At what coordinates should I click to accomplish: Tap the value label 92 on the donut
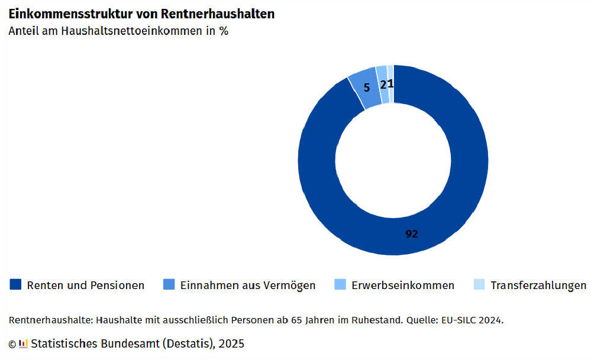pyautogui.click(x=412, y=234)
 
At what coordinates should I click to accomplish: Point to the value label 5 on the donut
pyautogui.click(x=367, y=87)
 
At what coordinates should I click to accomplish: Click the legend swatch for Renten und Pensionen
pyautogui.click(x=16, y=285)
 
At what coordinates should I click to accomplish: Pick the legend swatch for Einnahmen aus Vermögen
pyautogui.click(x=169, y=285)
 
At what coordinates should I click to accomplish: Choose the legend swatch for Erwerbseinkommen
pyautogui.click(x=340, y=285)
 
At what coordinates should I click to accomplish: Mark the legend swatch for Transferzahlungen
pyautogui.click(x=479, y=285)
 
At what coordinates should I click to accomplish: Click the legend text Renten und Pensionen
pyautogui.click(x=86, y=286)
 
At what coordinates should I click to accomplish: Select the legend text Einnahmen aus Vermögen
pyautogui.click(x=248, y=286)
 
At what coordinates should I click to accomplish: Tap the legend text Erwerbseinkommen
pyautogui.click(x=403, y=286)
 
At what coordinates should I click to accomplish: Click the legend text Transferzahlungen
pyautogui.click(x=538, y=286)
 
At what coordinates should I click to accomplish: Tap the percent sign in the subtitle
pyautogui.click(x=224, y=32)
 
